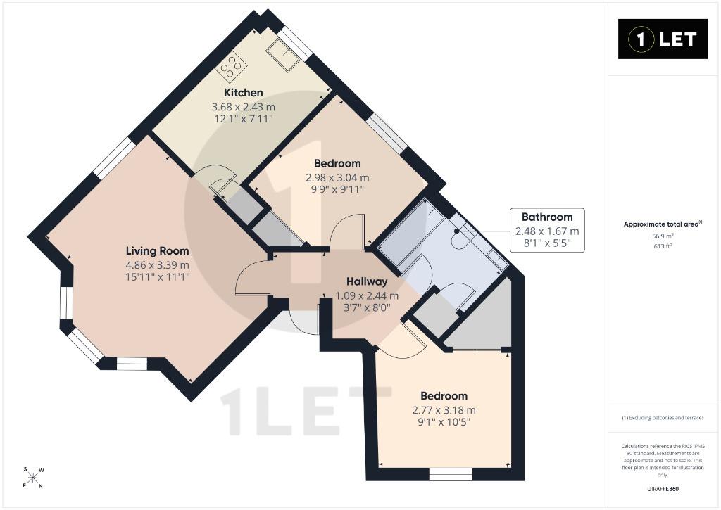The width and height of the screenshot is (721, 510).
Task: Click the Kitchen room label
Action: tap(243, 93)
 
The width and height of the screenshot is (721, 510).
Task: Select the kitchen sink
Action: tap(283, 55)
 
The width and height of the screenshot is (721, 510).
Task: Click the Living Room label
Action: tap(157, 251)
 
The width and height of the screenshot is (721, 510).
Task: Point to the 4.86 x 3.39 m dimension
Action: tap(157, 265)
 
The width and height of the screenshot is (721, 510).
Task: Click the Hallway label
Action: tap(367, 281)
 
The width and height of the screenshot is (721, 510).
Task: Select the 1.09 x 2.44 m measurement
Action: tap(367, 296)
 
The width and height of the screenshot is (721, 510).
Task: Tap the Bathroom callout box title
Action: tap(547, 217)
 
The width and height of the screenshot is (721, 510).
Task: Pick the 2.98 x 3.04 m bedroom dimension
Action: tap(337, 177)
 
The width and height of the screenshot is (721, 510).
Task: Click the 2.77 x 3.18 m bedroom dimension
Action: tap(444, 410)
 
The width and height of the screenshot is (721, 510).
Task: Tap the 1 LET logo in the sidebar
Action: tap(663, 39)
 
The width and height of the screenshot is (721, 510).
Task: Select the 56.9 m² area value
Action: tap(663, 236)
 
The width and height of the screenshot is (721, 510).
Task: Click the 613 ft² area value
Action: tap(663, 246)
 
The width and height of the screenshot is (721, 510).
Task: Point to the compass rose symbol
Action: tap(33, 478)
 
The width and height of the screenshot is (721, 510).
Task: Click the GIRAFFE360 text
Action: tap(663, 488)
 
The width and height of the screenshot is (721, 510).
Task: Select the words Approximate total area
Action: tap(660, 224)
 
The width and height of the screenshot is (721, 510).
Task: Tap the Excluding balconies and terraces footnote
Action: tap(663, 418)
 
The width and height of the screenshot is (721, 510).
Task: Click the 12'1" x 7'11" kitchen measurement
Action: tap(243, 119)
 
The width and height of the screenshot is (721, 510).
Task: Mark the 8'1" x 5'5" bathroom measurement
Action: tap(547, 243)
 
